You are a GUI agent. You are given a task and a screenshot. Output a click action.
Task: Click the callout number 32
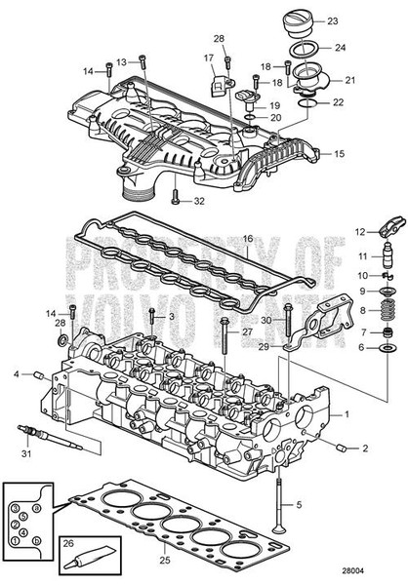pyautogui.click(x=201, y=202)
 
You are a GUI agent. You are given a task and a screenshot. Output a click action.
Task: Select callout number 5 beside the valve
pyautogui.click(x=301, y=503)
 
